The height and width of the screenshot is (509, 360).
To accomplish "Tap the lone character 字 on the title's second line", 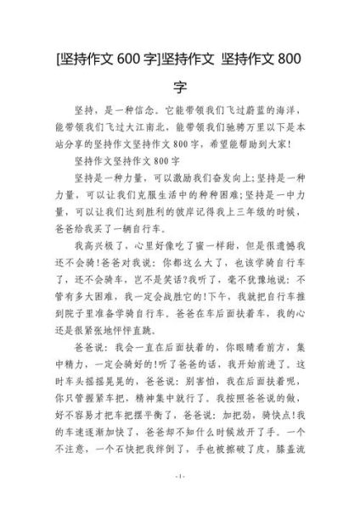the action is [180, 87].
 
